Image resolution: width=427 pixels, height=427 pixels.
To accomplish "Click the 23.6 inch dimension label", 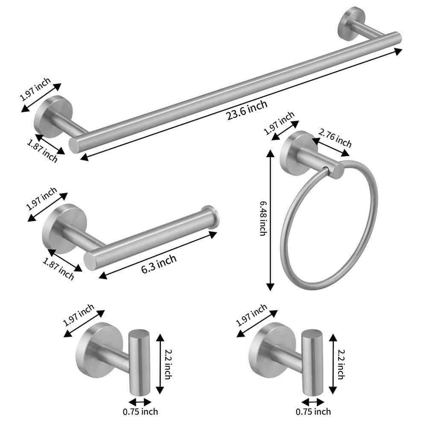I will click(x=248, y=110).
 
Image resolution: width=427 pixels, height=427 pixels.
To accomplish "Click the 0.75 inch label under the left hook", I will click(x=141, y=412).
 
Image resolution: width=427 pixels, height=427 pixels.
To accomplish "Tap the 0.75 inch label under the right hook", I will click(x=313, y=412).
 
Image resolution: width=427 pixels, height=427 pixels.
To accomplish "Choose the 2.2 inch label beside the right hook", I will click(x=341, y=363).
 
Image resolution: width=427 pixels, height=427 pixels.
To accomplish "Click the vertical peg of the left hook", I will click(x=137, y=361).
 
